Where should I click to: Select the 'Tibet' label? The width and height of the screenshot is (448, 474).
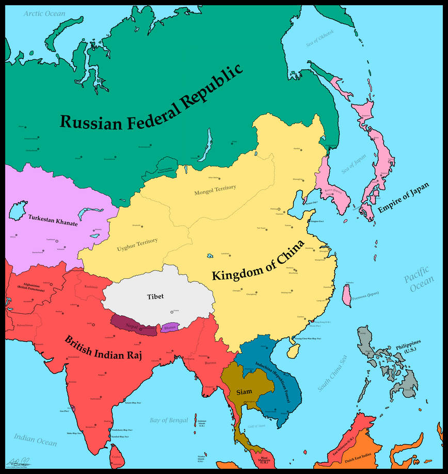tap(155, 296)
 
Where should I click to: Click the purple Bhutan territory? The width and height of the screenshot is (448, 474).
tap(169, 328)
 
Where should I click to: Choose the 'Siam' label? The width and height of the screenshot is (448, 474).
tap(244, 392)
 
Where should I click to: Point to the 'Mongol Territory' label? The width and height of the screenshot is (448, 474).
tap(215, 190)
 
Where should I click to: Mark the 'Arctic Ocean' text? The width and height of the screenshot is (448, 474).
tap(44, 13)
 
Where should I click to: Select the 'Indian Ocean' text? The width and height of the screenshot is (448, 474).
tap(35, 439)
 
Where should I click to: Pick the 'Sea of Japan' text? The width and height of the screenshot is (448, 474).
tap(353, 164)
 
